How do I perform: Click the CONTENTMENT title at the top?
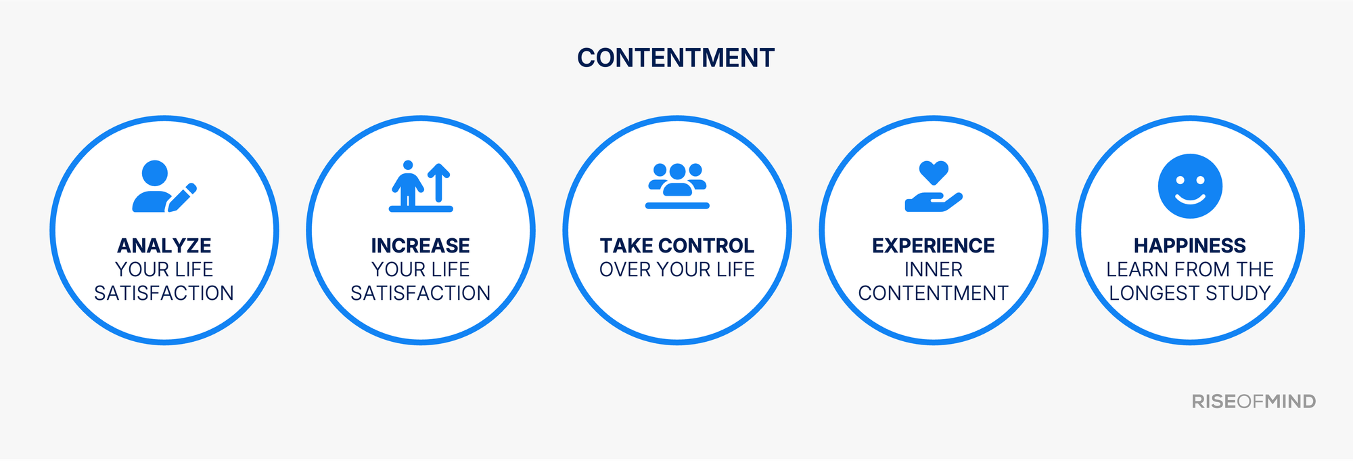pos(676,58)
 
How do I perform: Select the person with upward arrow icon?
pos(420,187)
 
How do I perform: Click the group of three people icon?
pos(677,184)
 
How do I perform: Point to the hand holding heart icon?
pos(934,187)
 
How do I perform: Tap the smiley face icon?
pos(1190,186)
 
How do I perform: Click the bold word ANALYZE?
pos(164,246)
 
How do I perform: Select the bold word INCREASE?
pos(420,246)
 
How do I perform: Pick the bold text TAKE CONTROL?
pos(677,246)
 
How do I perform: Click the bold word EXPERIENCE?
pos(934,246)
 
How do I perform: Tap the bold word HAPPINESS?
pos(1190,246)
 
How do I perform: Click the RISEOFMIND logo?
pos(1254,401)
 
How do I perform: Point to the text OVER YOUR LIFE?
pos(677,270)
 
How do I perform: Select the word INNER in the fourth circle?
pos(934,270)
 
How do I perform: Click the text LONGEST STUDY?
pos(1190,294)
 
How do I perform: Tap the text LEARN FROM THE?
pos(1190,270)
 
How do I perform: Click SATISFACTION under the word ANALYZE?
pos(164,294)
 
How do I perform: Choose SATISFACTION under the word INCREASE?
pos(420,294)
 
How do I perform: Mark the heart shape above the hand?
pos(934,172)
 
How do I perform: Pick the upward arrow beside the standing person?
pos(439,182)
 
